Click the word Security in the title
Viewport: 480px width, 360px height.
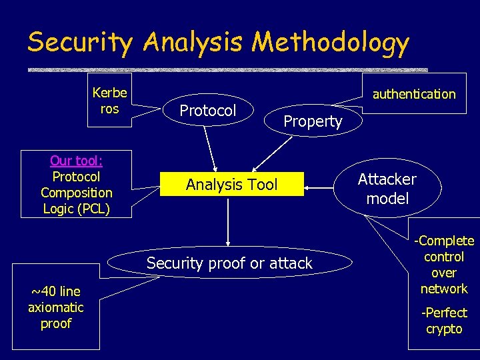click(x=80, y=42)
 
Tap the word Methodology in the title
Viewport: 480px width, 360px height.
click(x=330, y=42)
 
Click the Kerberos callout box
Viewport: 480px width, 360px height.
click(x=109, y=101)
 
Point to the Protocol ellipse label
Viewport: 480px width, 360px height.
click(x=208, y=111)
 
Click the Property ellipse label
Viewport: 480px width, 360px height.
click(x=313, y=121)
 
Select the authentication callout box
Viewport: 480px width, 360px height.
click(x=413, y=94)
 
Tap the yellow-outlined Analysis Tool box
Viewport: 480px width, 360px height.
click(x=231, y=185)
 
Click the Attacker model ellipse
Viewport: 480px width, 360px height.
click(x=387, y=189)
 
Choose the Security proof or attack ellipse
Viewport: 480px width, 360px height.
click(x=229, y=263)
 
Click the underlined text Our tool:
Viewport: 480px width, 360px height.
click(x=76, y=161)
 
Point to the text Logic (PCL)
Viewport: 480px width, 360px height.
click(x=76, y=209)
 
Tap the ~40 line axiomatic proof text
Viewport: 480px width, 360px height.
click(x=55, y=307)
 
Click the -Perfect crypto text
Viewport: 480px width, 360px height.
click(x=444, y=321)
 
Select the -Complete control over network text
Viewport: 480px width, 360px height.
click(x=444, y=265)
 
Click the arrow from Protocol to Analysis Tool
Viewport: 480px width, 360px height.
click(x=210, y=150)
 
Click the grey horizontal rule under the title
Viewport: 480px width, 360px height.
click(x=227, y=69)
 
